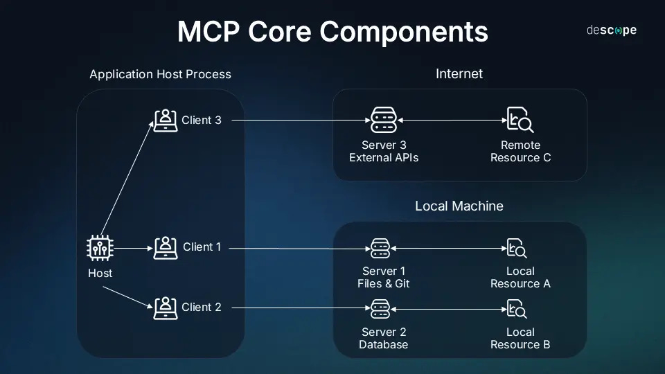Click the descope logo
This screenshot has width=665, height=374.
pyautogui.click(x=611, y=30)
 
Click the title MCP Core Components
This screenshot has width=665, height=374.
pyautogui.click(x=332, y=32)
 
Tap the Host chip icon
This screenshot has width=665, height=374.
pyautogui.click(x=100, y=248)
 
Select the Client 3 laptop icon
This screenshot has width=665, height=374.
pyautogui.click(x=165, y=121)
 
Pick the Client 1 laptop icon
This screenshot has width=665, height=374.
pyautogui.click(x=165, y=247)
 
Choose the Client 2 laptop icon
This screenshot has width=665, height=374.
pyautogui.click(x=165, y=308)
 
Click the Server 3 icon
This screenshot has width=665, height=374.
pyautogui.click(x=383, y=121)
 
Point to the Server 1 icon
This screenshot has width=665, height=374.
pyautogui.click(x=380, y=248)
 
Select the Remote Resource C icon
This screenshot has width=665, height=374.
pyautogui.click(x=520, y=121)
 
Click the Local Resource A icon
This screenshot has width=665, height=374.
pyautogui.click(x=517, y=248)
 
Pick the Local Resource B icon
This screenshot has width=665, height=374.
pyautogui.click(x=517, y=308)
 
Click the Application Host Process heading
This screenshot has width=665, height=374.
pyautogui.click(x=160, y=74)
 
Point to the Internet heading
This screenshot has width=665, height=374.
pyautogui.click(x=459, y=73)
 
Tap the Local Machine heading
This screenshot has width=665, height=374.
pyautogui.click(x=459, y=206)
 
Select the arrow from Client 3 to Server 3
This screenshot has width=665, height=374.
pyautogui.click(x=298, y=121)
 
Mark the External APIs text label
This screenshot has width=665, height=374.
pyautogui.click(x=383, y=158)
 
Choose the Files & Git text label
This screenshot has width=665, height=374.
pyautogui.click(x=383, y=284)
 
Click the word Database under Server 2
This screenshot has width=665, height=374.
pyautogui.click(x=383, y=344)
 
